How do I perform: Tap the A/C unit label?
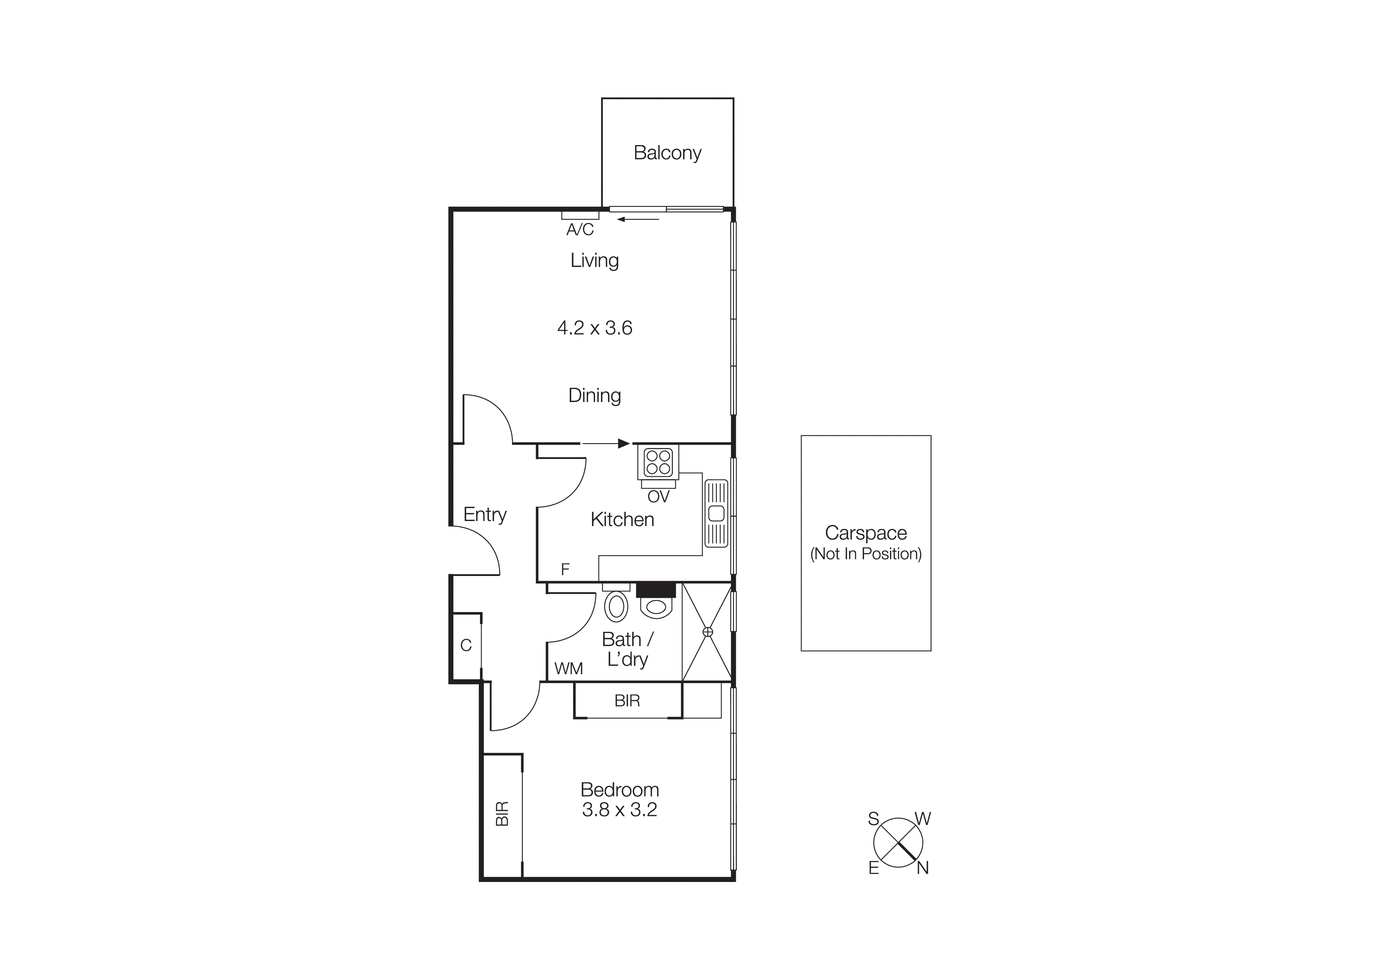point(580,229)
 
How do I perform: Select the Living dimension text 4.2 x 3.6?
point(594,328)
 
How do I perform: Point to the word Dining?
point(594,395)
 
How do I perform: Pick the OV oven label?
point(658,497)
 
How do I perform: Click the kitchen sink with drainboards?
point(716,513)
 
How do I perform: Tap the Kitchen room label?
point(622,519)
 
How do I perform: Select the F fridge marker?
point(565,569)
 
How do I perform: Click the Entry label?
point(484,514)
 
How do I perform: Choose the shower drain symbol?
point(708,632)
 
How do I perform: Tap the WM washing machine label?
point(569,669)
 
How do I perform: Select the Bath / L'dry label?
point(627,649)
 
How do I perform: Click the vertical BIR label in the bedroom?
point(502,813)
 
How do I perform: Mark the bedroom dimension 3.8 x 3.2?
point(619,810)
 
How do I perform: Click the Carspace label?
point(865,533)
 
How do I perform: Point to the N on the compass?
point(922,868)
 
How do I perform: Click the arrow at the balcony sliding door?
point(638,219)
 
